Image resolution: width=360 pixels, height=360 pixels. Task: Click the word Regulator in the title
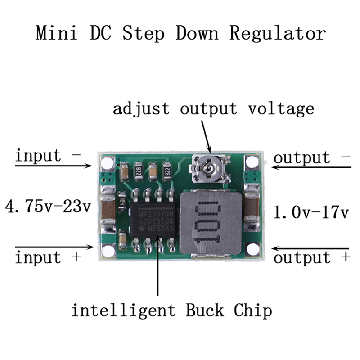click(277, 34)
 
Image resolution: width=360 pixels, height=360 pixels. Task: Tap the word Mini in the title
click(54, 34)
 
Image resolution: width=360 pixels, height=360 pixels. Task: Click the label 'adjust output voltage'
click(213, 108)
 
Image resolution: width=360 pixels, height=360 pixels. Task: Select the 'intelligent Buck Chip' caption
click(172, 310)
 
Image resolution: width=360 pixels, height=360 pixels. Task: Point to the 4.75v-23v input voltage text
click(48, 207)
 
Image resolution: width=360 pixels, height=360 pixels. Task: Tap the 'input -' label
click(48, 156)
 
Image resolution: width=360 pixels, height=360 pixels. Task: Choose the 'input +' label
click(48, 258)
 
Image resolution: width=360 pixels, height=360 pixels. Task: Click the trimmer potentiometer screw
click(208, 169)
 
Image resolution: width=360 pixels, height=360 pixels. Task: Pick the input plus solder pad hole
click(108, 249)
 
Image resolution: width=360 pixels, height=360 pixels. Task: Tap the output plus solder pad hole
click(252, 249)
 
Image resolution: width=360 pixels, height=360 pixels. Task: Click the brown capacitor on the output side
click(252, 207)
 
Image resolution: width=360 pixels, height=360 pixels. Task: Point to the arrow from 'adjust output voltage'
click(205, 135)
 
